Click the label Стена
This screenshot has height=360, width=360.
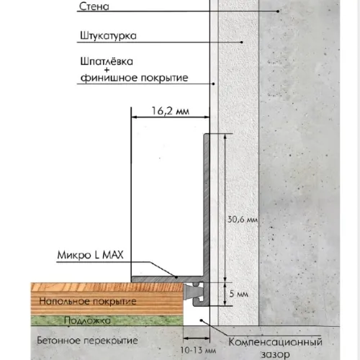(x=94, y=6)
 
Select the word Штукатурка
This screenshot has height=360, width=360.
(x=108, y=35)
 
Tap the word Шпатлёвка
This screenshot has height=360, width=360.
(x=107, y=61)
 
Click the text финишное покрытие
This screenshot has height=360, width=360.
(x=135, y=78)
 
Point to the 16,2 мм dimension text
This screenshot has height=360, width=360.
(x=171, y=111)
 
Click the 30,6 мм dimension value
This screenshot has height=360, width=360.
(x=243, y=219)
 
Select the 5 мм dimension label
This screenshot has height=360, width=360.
(x=238, y=294)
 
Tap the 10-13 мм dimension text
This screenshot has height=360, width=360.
(x=198, y=350)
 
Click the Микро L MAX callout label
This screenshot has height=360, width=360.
(x=90, y=255)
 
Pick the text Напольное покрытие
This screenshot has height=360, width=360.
(x=88, y=301)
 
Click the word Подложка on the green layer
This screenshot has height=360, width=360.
(x=87, y=320)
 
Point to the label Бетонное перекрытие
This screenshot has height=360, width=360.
(x=87, y=341)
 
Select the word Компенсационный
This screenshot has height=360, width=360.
(x=275, y=342)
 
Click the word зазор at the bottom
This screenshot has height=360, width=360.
(x=275, y=354)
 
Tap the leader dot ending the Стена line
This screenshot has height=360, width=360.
(x=278, y=12)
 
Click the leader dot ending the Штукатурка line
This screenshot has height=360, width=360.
(x=242, y=42)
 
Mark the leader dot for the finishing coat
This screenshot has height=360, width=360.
(x=213, y=84)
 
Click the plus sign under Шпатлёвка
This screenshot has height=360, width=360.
(x=107, y=70)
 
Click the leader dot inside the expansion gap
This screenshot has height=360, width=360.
(x=202, y=320)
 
